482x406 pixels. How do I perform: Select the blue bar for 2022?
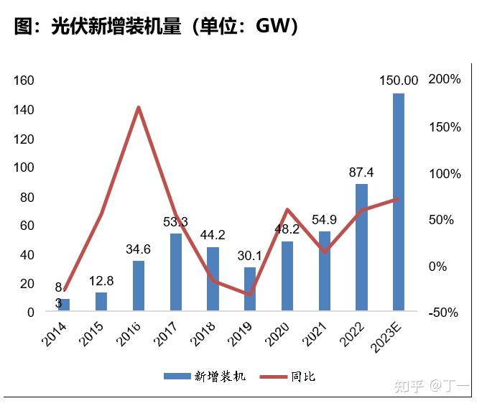[x=361, y=248]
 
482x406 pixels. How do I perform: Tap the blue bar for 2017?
[x=176, y=272]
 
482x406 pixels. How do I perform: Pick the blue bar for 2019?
[x=249, y=290]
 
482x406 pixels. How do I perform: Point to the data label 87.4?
[x=361, y=172]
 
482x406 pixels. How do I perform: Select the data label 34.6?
[x=139, y=249]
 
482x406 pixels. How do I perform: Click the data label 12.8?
[x=101, y=280]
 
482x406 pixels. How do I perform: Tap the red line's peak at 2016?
[x=139, y=108]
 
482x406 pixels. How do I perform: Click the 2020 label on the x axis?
[x=277, y=333]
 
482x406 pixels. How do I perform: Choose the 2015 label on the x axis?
[x=92, y=333]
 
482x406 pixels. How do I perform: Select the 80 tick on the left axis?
[x=27, y=197]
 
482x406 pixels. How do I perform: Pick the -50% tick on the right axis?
[x=444, y=313]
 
